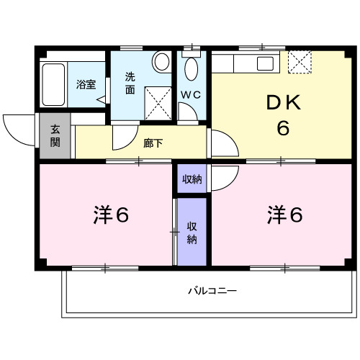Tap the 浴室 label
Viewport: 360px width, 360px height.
[86, 84]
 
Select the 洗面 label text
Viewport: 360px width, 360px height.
[130, 83]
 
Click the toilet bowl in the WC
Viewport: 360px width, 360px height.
[192, 69]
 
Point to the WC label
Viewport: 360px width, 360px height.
[190, 94]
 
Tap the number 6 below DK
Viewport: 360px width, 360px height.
[283, 129]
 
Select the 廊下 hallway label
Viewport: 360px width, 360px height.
[153, 143]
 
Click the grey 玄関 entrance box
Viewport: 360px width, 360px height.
[55, 137]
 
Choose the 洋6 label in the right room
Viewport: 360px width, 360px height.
[286, 214]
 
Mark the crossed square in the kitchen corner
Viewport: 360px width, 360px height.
[300, 63]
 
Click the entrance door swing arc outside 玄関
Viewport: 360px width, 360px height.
[19, 129]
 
